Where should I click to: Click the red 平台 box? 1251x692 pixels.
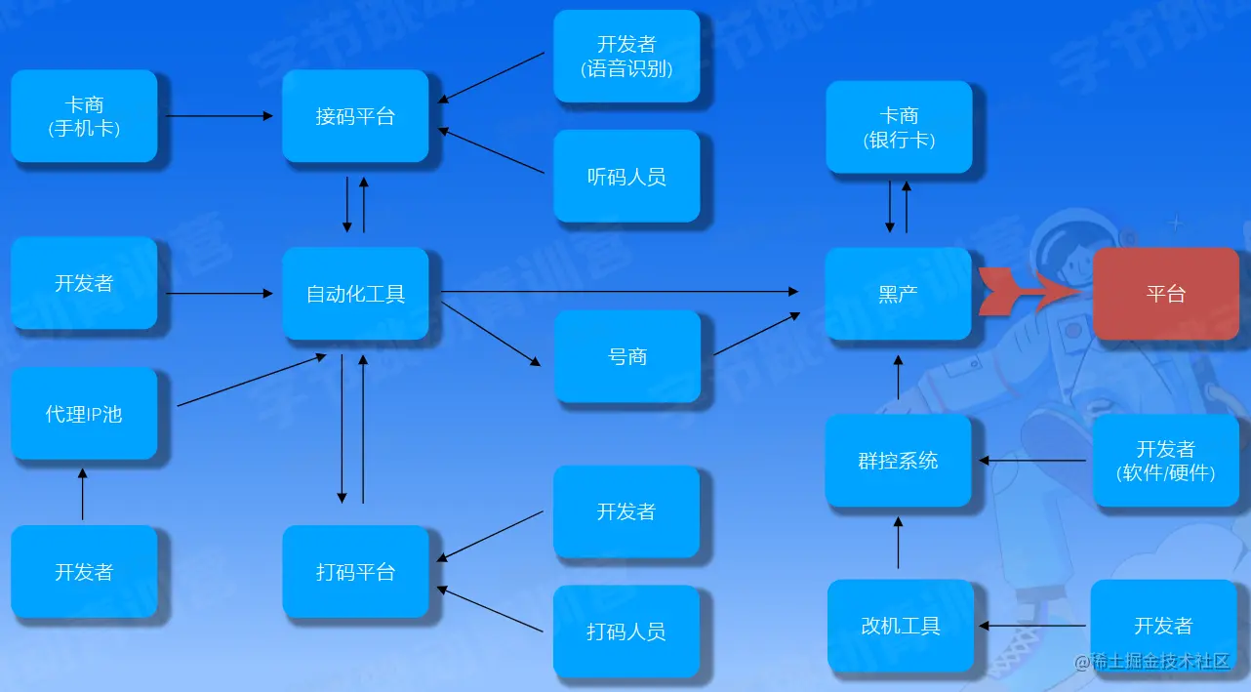click(1165, 293)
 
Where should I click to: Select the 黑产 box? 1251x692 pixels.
click(898, 293)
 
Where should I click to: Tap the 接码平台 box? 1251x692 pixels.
click(355, 115)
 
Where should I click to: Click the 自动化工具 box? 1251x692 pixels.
click(355, 293)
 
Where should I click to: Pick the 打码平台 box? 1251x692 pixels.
click(355, 571)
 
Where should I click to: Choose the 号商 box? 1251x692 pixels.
click(626, 356)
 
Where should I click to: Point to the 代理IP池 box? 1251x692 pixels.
click(84, 413)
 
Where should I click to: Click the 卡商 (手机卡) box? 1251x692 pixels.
click(84, 115)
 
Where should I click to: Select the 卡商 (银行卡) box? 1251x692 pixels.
click(899, 127)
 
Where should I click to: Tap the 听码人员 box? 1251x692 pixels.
click(626, 176)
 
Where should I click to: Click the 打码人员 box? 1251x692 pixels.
click(626, 631)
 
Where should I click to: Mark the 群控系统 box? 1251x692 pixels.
click(898, 460)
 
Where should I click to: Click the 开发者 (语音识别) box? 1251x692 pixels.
click(626, 56)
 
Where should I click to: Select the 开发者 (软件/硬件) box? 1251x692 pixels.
click(1165, 460)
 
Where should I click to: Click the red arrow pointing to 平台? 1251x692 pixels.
click(1029, 291)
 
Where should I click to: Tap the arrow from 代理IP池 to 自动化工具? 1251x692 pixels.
click(252, 381)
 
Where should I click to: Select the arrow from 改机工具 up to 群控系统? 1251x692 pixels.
click(898, 543)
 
